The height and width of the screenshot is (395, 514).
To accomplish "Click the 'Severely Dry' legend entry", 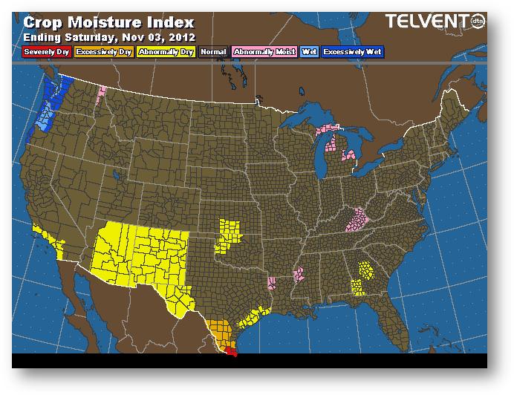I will point(48,52).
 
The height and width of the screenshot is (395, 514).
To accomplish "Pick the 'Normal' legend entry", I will point(213,52).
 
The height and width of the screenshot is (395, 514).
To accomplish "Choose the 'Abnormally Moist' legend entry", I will point(263,52).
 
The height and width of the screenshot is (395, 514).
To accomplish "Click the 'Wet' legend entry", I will point(308,52).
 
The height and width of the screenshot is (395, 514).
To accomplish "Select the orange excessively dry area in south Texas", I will point(220,331).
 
